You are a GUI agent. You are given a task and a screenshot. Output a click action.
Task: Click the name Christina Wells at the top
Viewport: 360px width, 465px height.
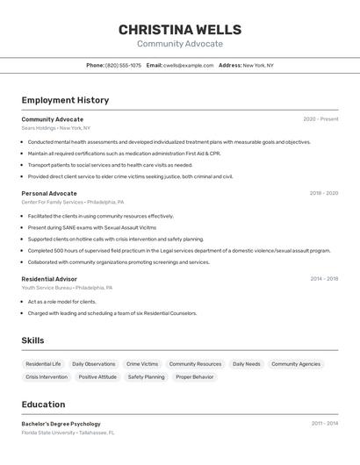179,30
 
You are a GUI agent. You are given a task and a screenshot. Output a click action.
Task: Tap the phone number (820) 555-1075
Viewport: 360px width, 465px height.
123,65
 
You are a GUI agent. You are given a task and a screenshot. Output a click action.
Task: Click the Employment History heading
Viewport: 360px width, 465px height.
65,100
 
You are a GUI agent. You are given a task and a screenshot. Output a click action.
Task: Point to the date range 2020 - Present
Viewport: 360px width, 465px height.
320,119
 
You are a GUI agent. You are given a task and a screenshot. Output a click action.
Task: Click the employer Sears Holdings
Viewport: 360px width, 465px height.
39,128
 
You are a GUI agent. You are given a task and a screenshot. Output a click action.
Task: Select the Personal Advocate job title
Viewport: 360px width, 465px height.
49,193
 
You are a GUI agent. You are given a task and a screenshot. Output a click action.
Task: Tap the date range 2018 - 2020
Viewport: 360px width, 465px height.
323,193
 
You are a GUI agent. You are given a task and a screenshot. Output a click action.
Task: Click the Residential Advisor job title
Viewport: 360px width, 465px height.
49,279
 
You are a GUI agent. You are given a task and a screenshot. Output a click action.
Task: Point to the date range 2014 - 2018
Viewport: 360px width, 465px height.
324,279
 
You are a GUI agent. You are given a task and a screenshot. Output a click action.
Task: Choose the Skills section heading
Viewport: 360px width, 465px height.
33,340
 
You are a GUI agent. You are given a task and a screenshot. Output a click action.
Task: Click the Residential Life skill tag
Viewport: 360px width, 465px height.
43,364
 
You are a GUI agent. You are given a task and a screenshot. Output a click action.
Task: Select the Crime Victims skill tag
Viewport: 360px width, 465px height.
142,364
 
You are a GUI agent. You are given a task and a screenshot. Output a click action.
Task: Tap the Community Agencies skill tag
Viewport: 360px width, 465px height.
296,364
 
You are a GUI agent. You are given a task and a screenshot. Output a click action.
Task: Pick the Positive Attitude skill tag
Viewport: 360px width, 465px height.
97,377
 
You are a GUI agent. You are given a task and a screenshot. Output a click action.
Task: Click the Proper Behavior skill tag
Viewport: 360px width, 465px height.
194,377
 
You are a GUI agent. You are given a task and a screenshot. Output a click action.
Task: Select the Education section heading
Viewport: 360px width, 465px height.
43,404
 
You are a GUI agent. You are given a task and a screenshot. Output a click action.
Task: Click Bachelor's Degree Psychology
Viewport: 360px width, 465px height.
61,424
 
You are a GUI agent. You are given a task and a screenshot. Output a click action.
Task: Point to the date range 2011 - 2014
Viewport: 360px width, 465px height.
324,424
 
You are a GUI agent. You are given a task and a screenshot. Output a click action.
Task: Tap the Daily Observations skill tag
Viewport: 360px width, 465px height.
94,364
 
